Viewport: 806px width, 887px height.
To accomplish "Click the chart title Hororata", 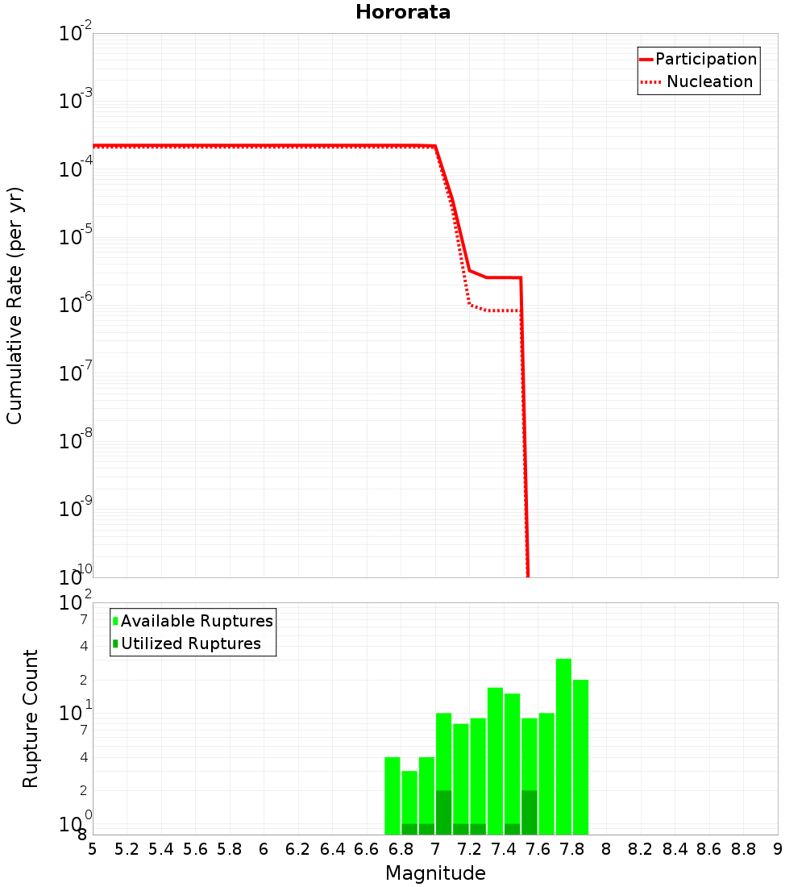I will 402,12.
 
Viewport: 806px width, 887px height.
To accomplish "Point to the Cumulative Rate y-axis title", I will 15,305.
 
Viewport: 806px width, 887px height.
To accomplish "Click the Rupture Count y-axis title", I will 31,718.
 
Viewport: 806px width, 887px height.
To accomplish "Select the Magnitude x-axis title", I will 435,873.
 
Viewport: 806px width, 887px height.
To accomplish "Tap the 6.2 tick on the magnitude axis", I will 298,849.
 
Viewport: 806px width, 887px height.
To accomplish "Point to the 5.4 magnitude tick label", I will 161,849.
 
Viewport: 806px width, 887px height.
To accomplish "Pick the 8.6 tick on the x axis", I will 709,849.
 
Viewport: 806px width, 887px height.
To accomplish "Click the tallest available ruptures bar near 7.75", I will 563,746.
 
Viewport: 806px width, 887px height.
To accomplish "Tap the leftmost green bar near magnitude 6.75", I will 393,795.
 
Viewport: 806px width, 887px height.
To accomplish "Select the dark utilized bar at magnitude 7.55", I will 530,812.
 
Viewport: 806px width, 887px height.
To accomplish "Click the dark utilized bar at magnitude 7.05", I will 443,812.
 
